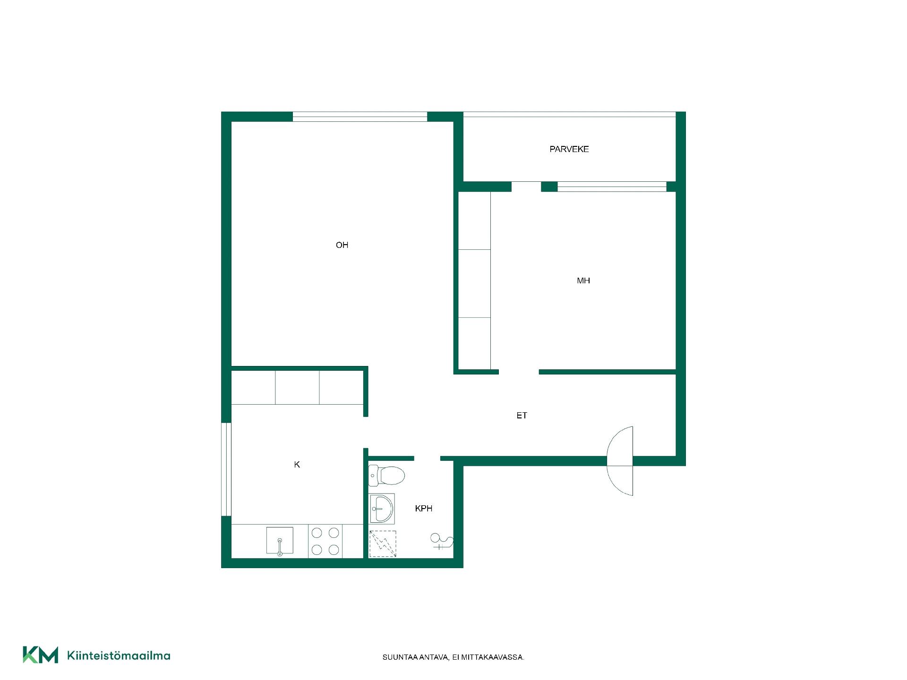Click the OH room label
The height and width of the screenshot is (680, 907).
(x=342, y=245)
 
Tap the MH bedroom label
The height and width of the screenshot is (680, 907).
(x=583, y=280)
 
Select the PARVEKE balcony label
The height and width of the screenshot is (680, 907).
(x=569, y=149)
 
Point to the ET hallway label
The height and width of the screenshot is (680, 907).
(x=522, y=416)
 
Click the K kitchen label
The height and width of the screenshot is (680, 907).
(x=297, y=465)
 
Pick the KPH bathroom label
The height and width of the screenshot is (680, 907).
(x=424, y=509)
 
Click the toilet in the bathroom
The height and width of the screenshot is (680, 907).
(x=387, y=476)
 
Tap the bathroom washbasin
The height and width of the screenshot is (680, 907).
(x=382, y=509)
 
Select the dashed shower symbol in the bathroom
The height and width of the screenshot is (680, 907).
(x=383, y=544)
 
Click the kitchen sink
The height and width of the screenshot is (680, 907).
(x=280, y=541)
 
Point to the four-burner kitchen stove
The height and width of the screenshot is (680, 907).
(x=325, y=541)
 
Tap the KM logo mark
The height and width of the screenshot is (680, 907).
(x=41, y=655)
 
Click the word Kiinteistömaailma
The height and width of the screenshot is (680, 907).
(x=119, y=655)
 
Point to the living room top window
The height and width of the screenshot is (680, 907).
(x=360, y=117)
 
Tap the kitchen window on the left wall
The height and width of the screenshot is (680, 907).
(x=226, y=469)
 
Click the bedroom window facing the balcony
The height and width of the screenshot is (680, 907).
(x=612, y=187)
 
